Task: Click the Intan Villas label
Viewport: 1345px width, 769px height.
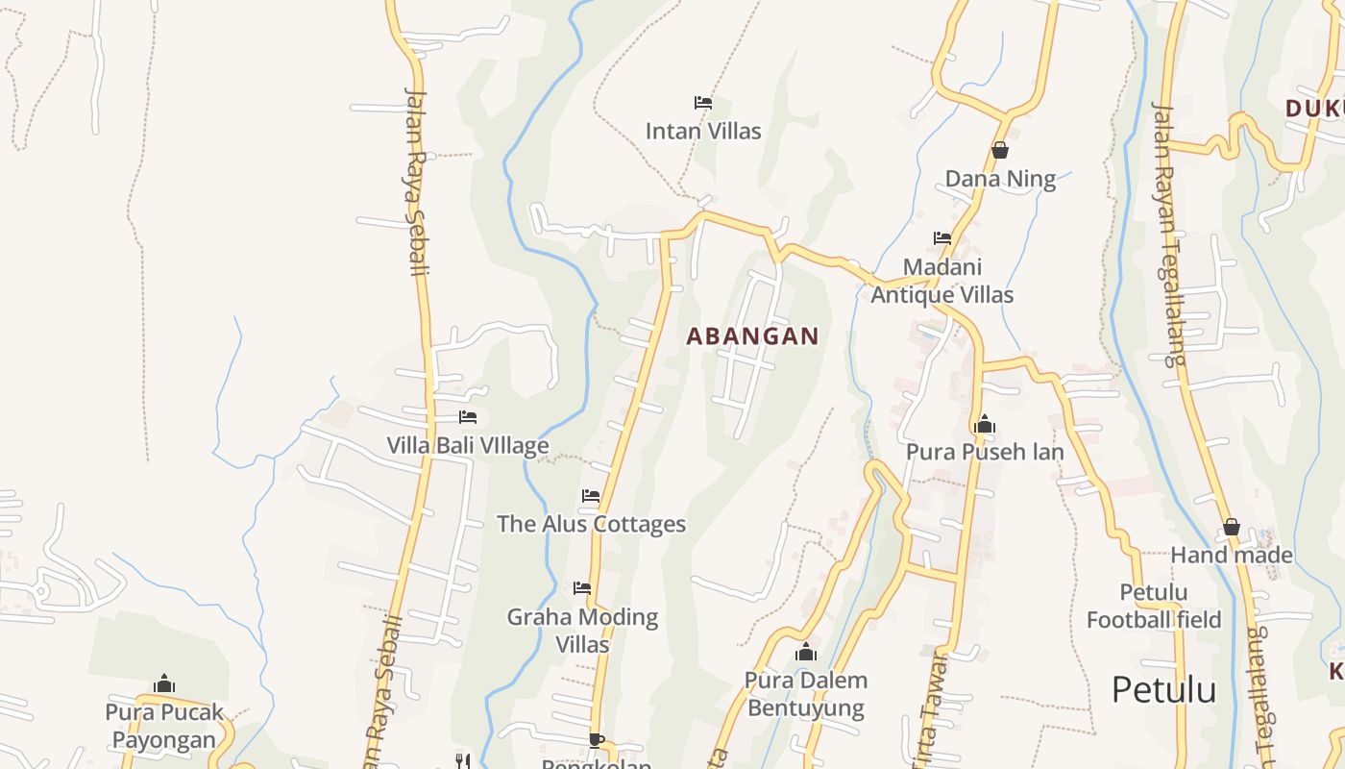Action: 703,131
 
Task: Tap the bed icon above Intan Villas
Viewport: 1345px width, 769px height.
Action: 703,102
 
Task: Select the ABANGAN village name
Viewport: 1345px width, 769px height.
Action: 753,336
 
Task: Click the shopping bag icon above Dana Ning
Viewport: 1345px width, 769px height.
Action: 1000,150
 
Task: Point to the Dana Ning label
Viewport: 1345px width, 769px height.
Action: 1000,179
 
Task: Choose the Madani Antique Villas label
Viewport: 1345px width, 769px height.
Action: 941,281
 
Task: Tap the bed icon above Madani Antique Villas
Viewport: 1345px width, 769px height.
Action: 941,238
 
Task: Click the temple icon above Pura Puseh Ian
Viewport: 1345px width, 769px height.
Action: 985,424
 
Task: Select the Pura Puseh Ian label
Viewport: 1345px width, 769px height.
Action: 985,452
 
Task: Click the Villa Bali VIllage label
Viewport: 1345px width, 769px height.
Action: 468,446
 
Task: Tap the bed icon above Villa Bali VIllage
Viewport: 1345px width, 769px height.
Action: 468,417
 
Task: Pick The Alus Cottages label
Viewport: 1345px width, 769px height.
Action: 591,524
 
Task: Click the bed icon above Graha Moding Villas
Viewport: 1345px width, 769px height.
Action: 582,587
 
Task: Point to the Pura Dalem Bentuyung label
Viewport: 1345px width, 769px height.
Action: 806,694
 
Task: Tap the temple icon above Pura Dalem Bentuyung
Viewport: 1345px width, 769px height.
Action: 806,653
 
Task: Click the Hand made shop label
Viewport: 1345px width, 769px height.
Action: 1231,556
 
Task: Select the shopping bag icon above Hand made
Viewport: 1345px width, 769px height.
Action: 1231,527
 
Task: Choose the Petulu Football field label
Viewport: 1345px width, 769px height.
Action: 1154,606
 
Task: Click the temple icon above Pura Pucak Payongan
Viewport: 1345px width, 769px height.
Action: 164,683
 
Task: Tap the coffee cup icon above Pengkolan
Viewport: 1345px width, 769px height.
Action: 596,739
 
